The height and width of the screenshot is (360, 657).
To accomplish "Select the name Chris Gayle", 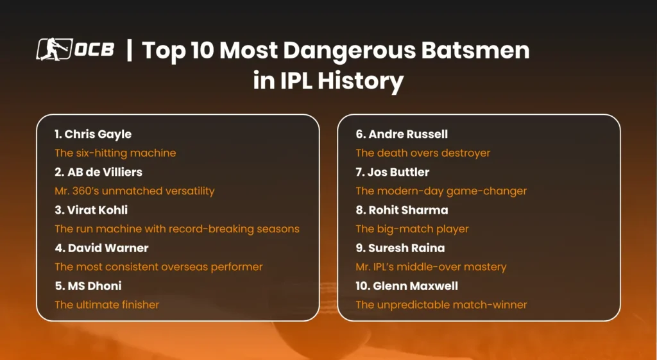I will pyautogui.click(x=98, y=134).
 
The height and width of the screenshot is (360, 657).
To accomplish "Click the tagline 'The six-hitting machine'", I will pyautogui.click(x=115, y=153).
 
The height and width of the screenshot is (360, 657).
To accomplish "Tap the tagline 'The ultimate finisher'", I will pyautogui.click(x=107, y=305).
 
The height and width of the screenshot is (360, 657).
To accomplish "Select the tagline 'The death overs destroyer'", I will pyautogui.click(x=423, y=153).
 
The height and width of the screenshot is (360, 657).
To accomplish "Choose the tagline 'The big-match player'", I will pyautogui.click(x=412, y=229).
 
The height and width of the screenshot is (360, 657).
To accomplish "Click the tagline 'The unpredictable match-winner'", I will pyautogui.click(x=441, y=305).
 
